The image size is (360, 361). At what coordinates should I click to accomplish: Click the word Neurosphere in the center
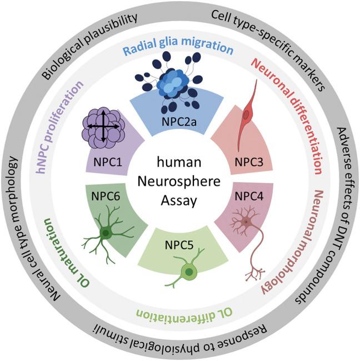[179, 179]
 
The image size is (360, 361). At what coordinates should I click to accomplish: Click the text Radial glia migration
[178, 48]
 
